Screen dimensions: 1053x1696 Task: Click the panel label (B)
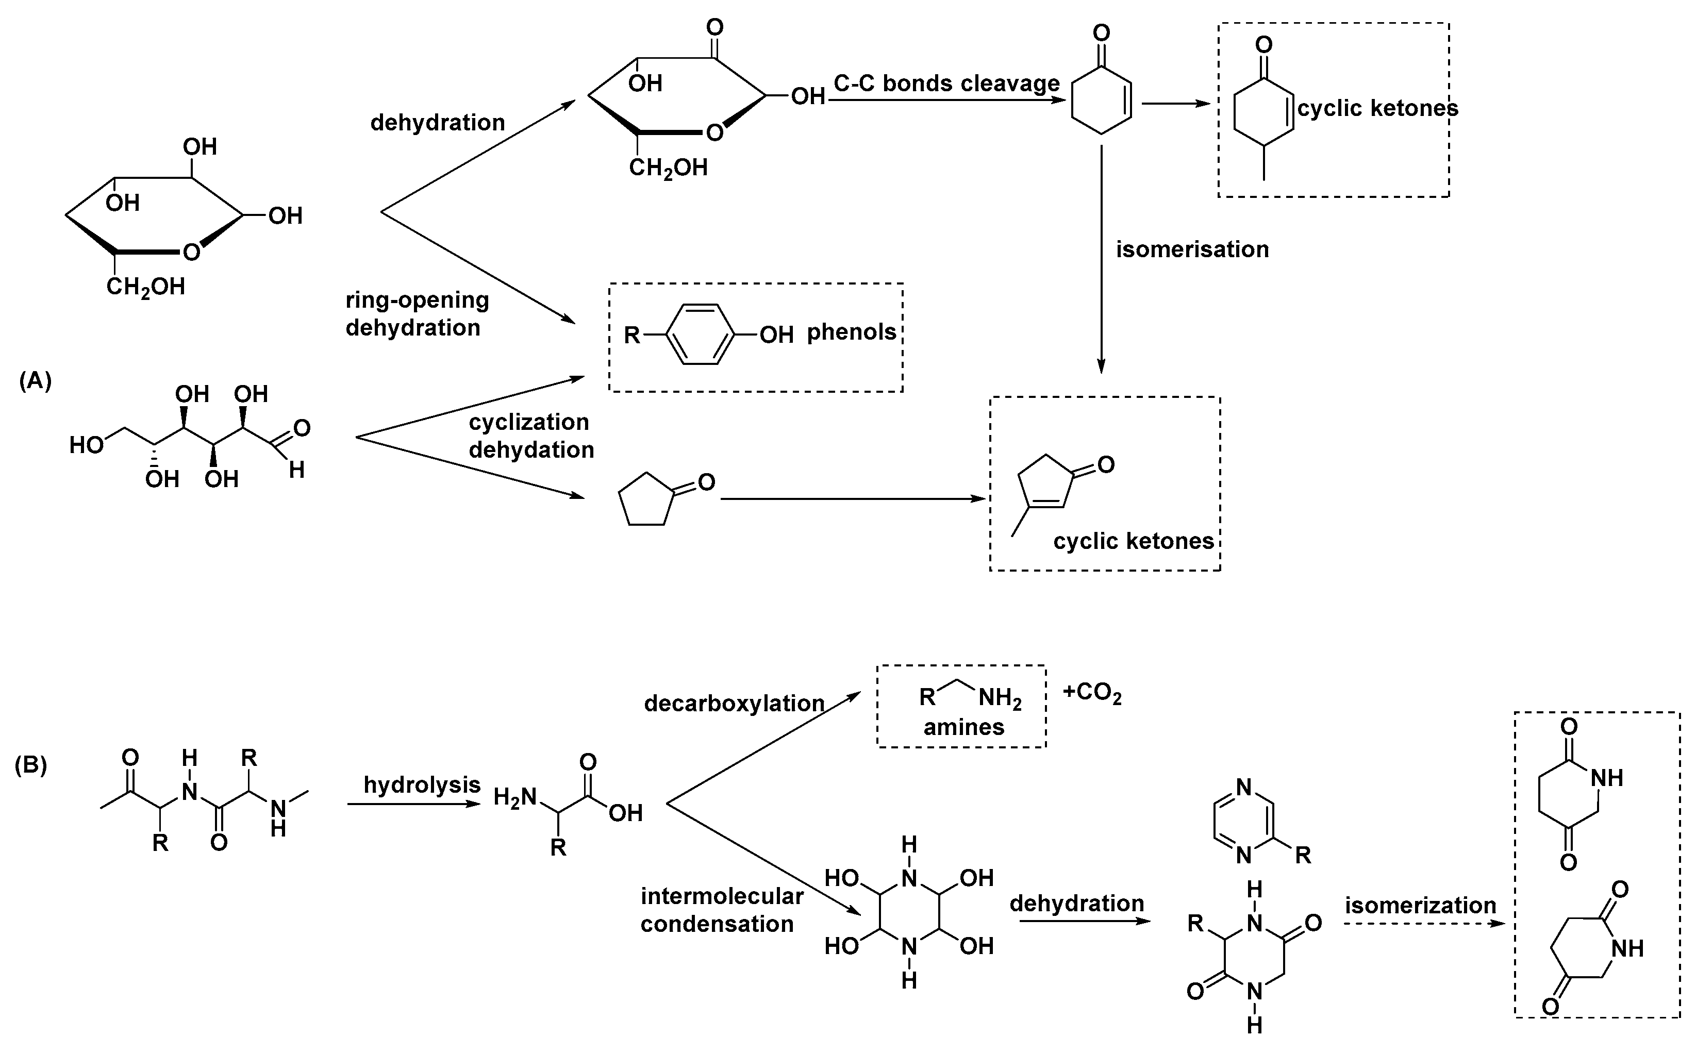30,765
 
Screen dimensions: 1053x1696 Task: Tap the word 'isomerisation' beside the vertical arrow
1192,249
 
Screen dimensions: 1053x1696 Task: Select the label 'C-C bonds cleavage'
946,83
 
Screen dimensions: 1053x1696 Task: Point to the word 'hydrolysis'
422,785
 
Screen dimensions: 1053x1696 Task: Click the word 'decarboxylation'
734,704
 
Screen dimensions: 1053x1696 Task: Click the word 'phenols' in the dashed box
851,332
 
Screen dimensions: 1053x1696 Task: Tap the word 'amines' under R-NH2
963,727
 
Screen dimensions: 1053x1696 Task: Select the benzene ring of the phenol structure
701,335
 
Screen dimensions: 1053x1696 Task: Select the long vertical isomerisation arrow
1101,258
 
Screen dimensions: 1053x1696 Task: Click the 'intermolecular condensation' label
722,910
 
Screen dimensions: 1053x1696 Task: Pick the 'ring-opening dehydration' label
417,313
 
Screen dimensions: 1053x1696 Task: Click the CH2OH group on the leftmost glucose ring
145,286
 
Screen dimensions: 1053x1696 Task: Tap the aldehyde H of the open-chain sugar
297,470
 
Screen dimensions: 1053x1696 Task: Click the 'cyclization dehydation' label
531,436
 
